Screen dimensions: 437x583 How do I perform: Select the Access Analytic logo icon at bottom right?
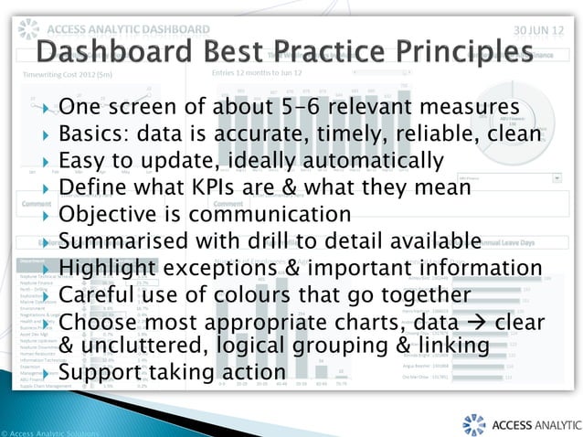(x=473, y=425)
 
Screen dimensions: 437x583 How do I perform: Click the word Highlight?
(x=105, y=268)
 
